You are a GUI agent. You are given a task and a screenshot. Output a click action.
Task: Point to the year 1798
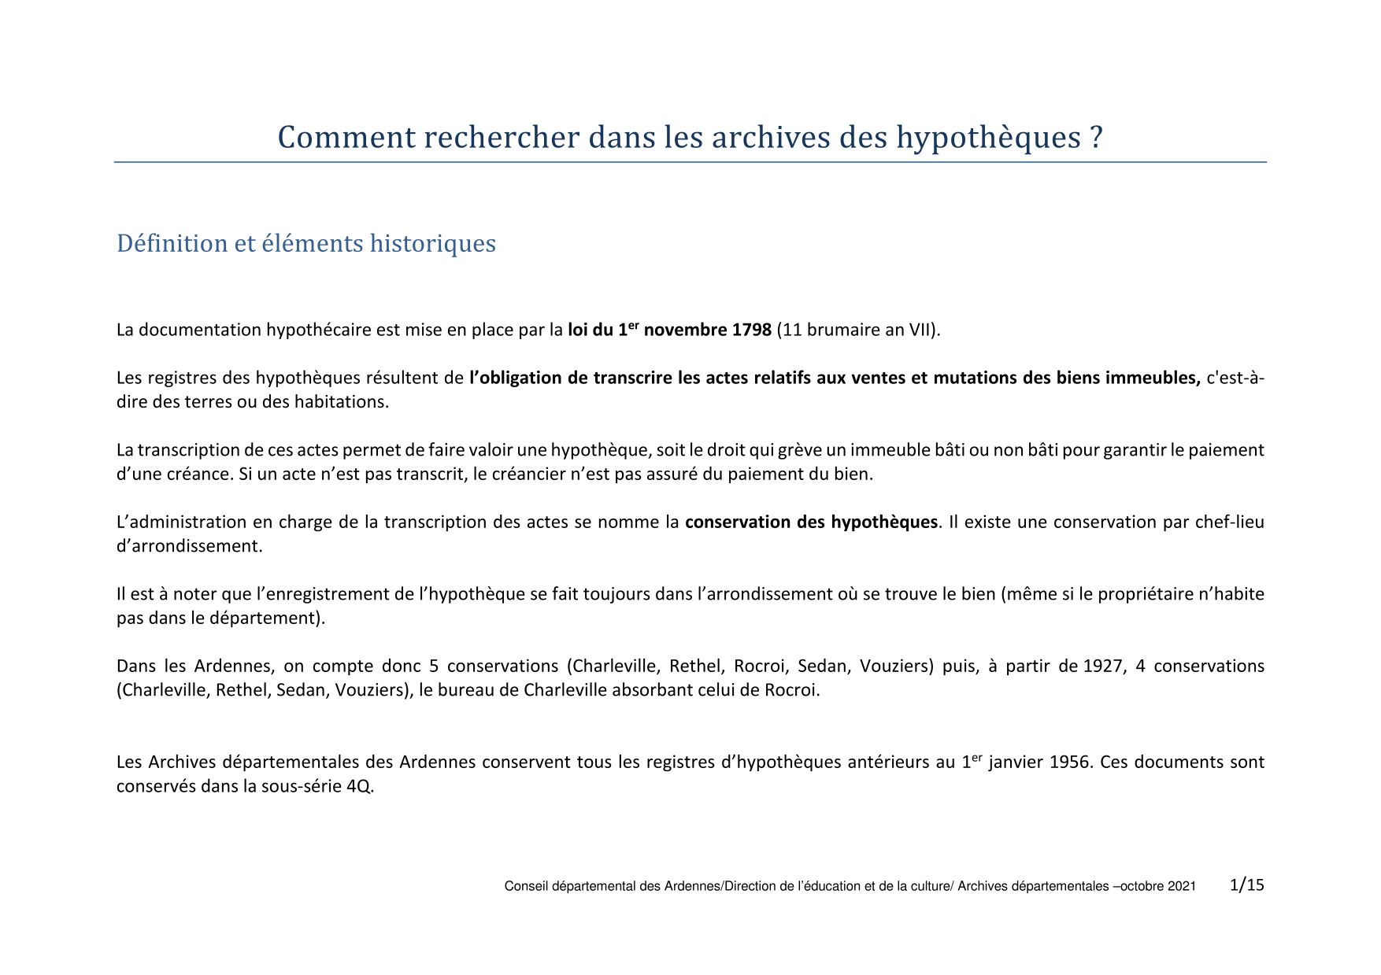[x=751, y=330]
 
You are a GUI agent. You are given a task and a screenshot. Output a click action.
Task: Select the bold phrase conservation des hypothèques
[x=811, y=523]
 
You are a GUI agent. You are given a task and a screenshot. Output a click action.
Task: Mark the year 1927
[x=1103, y=667]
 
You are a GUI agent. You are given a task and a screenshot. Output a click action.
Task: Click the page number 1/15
[x=1246, y=885]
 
